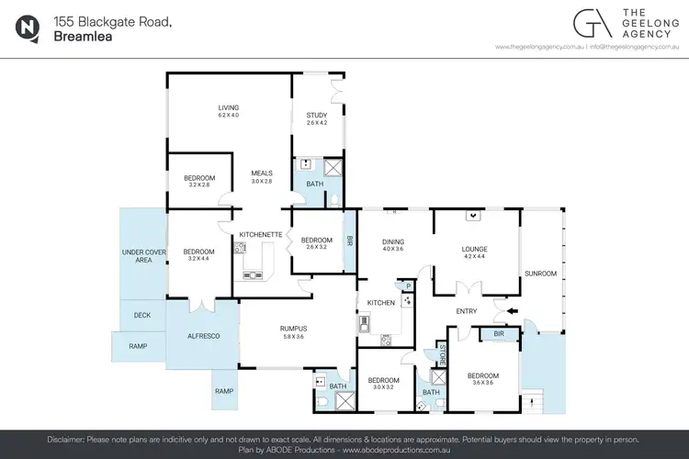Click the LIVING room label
tap(228, 106)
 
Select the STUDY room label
tap(317, 115)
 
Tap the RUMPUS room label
tap(293, 328)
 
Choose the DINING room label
tap(392, 241)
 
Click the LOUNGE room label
tap(474, 249)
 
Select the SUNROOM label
tap(540, 273)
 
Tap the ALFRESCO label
tap(203, 336)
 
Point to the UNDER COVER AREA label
tap(143, 255)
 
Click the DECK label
tap(142, 314)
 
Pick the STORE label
tap(441, 353)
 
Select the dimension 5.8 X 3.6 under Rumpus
tap(293, 336)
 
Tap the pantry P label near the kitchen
tap(407, 286)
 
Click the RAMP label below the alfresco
tap(224, 390)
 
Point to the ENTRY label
tap(467, 310)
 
